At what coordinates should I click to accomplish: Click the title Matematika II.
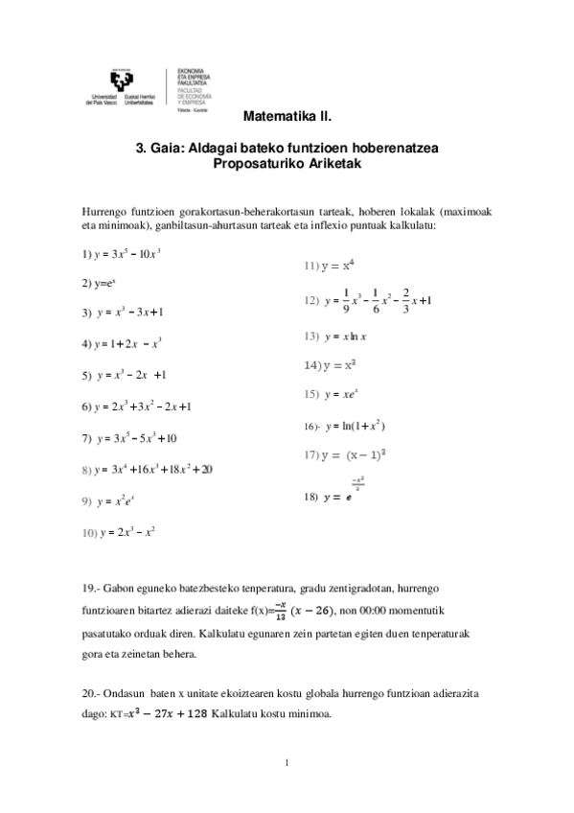287,122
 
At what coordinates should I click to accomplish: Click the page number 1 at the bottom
287,763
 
